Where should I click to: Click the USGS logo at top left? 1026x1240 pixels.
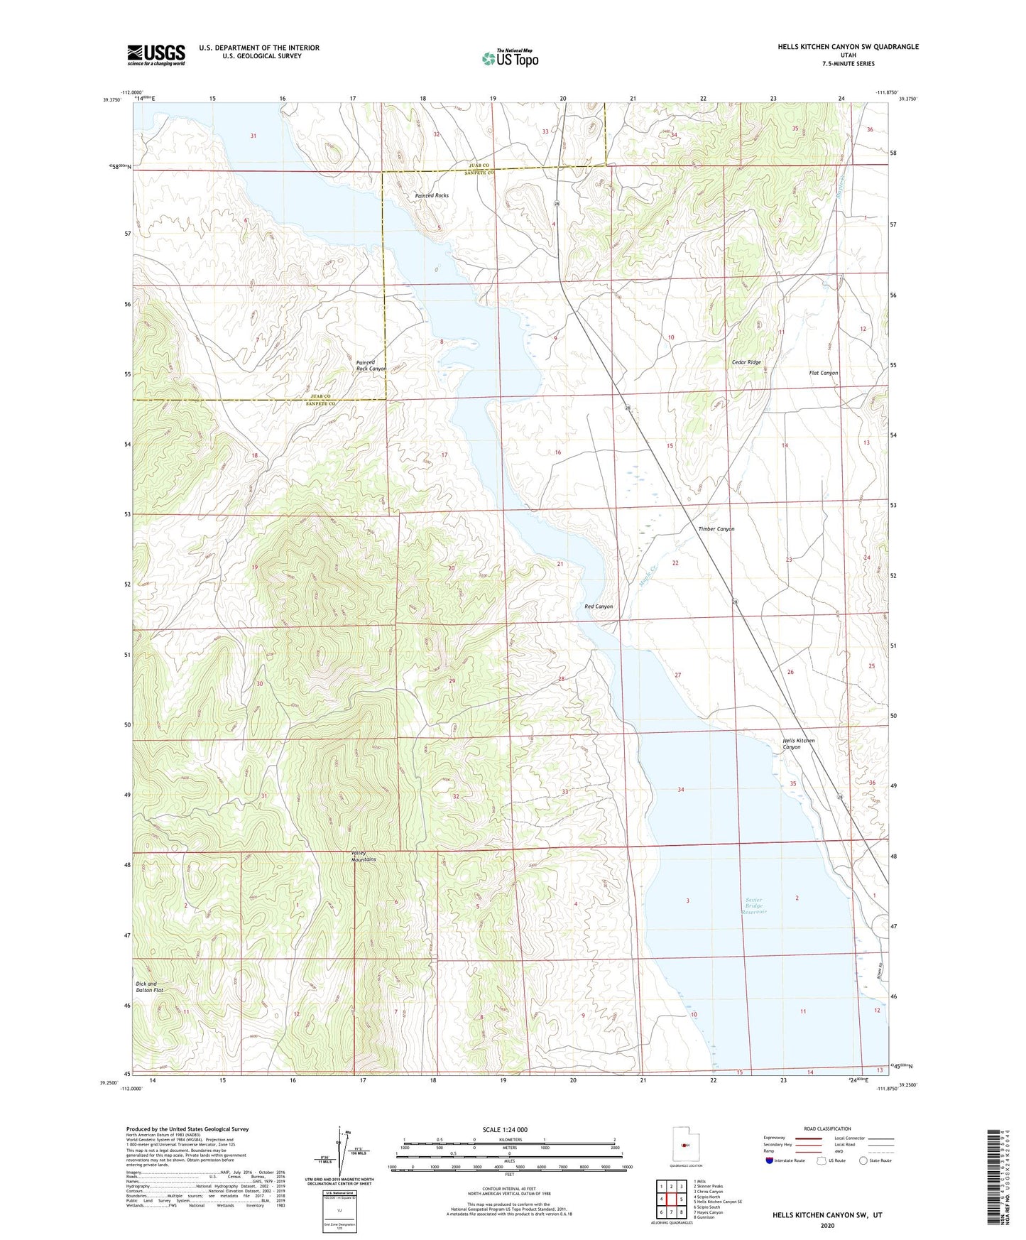[156, 55]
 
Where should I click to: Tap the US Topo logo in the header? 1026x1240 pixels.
[510, 58]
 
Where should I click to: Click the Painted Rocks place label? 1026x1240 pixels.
[432, 195]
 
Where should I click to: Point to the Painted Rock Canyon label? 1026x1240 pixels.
[371, 366]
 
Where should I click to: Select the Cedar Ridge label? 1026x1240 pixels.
[746, 362]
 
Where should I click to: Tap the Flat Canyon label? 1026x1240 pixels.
[824, 373]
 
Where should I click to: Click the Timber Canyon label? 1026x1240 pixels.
[716, 529]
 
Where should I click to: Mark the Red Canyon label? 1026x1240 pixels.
[599, 607]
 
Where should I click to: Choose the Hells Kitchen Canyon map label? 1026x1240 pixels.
[798, 744]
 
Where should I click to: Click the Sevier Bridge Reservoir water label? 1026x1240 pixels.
[754, 906]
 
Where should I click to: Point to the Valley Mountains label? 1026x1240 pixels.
[364, 856]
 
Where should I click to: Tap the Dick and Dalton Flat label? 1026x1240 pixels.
[146, 988]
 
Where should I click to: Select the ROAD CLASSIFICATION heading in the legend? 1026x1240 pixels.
[827, 1128]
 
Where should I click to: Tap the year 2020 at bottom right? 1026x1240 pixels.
[827, 1225]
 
